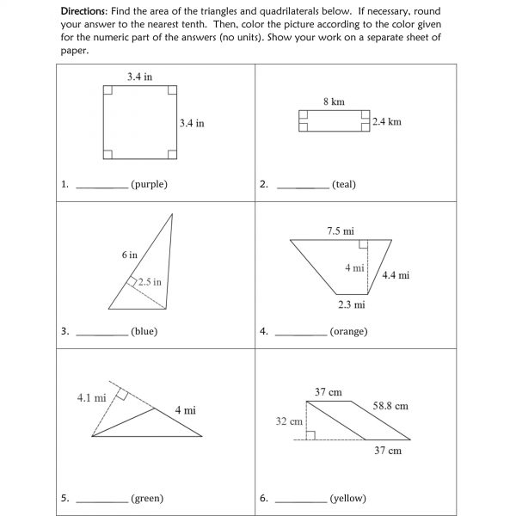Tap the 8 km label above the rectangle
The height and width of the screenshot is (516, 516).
click(x=334, y=101)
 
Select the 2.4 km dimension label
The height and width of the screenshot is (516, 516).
click(x=387, y=122)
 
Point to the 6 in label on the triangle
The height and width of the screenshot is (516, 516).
click(x=129, y=255)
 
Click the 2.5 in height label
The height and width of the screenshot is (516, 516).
click(x=149, y=281)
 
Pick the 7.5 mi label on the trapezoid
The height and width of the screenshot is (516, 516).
click(x=340, y=230)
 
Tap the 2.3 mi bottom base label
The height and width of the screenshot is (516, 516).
click(x=351, y=304)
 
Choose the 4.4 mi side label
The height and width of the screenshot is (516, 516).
click(x=396, y=275)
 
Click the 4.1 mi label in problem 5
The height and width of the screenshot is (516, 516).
click(x=91, y=397)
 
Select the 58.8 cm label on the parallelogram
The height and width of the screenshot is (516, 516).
click(x=390, y=405)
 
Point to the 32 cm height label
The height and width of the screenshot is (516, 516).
click(x=289, y=421)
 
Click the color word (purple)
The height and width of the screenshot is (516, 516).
click(x=149, y=184)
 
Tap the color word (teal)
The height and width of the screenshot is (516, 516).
click(x=343, y=184)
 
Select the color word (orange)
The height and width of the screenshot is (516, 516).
click(x=348, y=331)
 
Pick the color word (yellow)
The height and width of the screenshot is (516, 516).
click(x=347, y=498)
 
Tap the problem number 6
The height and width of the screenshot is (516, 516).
click(x=262, y=498)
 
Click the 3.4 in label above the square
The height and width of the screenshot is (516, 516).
click(x=139, y=77)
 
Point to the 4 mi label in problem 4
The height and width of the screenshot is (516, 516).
click(x=354, y=267)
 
